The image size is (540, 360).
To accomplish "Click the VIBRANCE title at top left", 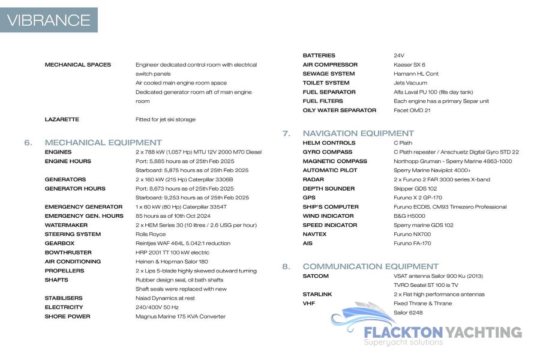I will [x=49, y=20].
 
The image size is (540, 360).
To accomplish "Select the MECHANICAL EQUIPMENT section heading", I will [x=103, y=143].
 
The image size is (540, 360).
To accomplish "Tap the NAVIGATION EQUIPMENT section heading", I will [x=358, y=133].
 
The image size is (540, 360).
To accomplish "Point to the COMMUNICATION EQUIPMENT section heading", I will [x=371, y=266].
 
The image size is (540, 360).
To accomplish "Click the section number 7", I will [x=287, y=133].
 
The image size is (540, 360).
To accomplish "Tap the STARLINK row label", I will [x=317, y=295].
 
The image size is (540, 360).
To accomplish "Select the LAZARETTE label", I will [x=62, y=119].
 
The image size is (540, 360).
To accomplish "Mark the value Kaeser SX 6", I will [x=409, y=65].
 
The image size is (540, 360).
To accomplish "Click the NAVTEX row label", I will [x=314, y=234].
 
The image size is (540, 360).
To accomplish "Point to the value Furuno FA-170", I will [x=412, y=244].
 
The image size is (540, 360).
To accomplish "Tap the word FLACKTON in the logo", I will [x=403, y=332].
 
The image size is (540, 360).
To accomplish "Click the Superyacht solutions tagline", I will [x=403, y=343].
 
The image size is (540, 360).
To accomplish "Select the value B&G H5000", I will [x=409, y=216].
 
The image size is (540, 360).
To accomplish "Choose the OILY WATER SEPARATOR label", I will [x=340, y=110].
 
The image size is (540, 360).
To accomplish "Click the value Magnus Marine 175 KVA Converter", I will [x=181, y=316].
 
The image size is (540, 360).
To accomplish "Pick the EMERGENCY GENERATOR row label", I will [x=83, y=207].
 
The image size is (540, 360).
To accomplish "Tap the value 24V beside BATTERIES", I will [x=399, y=56].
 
